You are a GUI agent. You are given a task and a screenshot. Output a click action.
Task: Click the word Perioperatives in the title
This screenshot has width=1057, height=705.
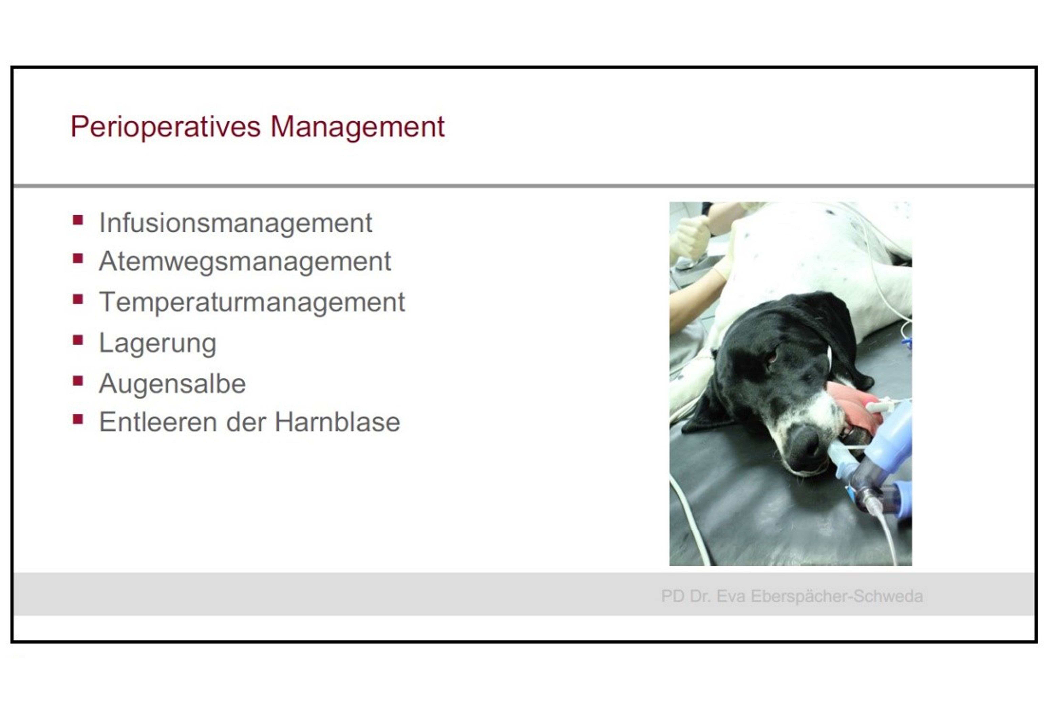tap(165, 127)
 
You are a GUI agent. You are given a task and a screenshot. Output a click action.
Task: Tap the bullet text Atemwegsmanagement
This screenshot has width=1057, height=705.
tap(245, 262)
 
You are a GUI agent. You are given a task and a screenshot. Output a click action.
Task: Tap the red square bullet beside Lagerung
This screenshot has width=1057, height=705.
tap(78, 340)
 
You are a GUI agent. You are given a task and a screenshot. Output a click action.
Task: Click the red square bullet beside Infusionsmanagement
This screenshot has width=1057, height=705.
tap(78, 220)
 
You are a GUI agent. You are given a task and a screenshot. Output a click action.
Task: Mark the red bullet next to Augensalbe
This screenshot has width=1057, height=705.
tap(78, 381)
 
